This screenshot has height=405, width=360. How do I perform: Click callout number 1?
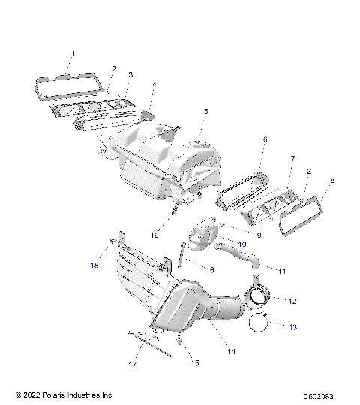click(x=73, y=53)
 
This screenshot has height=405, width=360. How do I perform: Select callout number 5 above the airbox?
click(x=206, y=112)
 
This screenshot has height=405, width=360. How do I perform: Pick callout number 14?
click(x=232, y=351)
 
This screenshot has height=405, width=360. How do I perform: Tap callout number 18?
click(x=96, y=265)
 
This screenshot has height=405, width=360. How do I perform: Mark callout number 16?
click(x=210, y=269)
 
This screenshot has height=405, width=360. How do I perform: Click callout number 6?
click(x=265, y=140)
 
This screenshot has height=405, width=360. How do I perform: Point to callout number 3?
click(x=130, y=75)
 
